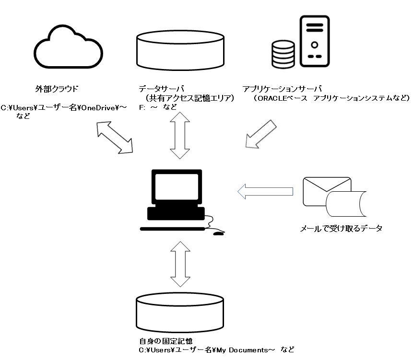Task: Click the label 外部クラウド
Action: click(x=57, y=89)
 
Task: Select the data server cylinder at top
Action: click(x=180, y=50)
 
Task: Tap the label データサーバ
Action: click(x=162, y=89)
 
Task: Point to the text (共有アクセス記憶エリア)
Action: click(x=189, y=98)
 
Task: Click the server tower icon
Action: click(x=315, y=41)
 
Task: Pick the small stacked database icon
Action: click(x=284, y=54)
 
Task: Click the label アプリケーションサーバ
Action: click(x=282, y=89)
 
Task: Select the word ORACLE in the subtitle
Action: click(x=272, y=98)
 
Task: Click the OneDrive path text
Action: click(x=64, y=107)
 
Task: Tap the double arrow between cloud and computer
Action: click(x=115, y=137)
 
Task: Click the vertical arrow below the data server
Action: click(x=180, y=136)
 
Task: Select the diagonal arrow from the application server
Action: click(x=260, y=134)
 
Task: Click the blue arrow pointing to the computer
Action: click(x=265, y=191)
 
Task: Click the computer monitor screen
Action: click(x=177, y=187)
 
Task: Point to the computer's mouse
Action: click(x=218, y=233)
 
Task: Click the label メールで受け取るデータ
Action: click(x=341, y=228)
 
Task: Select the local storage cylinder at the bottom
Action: click(x=180, y=312)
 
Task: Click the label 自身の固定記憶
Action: click(x=166, y=341)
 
